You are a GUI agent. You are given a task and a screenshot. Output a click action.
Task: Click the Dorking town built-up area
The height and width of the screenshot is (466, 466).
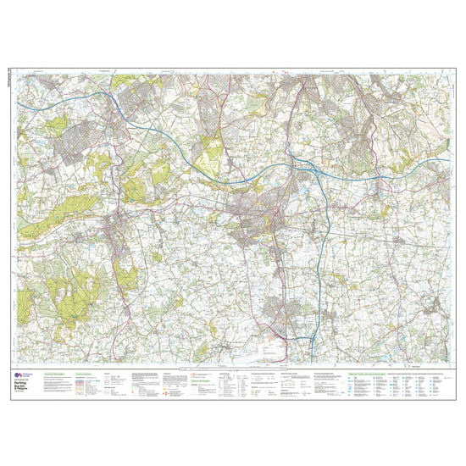(114, 226)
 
